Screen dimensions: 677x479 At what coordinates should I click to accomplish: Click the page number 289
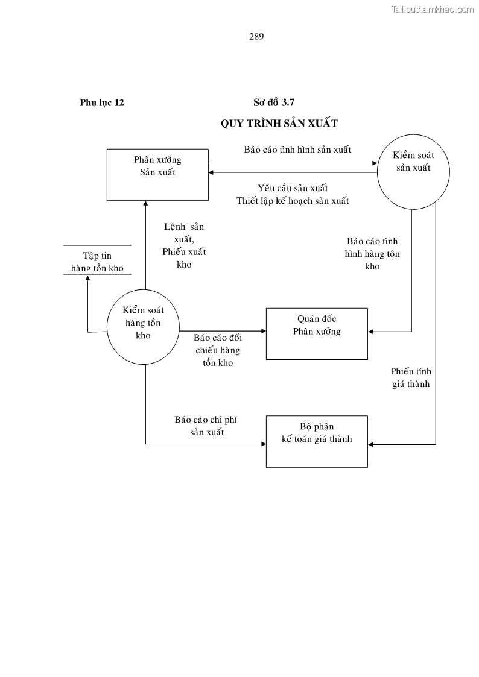point(256,36)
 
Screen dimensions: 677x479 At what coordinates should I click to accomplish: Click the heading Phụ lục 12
point(102,102)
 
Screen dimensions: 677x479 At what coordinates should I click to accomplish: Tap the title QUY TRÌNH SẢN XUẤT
point(279,123)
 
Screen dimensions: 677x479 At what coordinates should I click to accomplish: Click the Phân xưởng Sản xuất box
point(157,174)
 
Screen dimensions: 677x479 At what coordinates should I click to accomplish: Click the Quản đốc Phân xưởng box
point(317,333)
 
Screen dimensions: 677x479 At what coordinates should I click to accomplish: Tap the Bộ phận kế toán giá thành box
point(317,441)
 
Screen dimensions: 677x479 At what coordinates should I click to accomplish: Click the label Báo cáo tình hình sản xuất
point(297,150)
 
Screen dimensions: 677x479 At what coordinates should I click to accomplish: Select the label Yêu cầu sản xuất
point(293,188)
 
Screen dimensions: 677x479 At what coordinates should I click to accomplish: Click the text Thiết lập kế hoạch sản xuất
point(293,201)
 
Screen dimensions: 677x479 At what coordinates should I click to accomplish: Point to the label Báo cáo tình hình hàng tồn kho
point(372,254)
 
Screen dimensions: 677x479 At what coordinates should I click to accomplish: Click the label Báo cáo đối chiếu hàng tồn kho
point(218,350)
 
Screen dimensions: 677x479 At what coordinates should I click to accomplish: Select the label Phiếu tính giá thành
point(411,377)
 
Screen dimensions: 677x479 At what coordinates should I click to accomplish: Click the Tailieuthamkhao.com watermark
point(433,9)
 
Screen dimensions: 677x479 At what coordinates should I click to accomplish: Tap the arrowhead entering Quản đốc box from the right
point(370,331)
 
